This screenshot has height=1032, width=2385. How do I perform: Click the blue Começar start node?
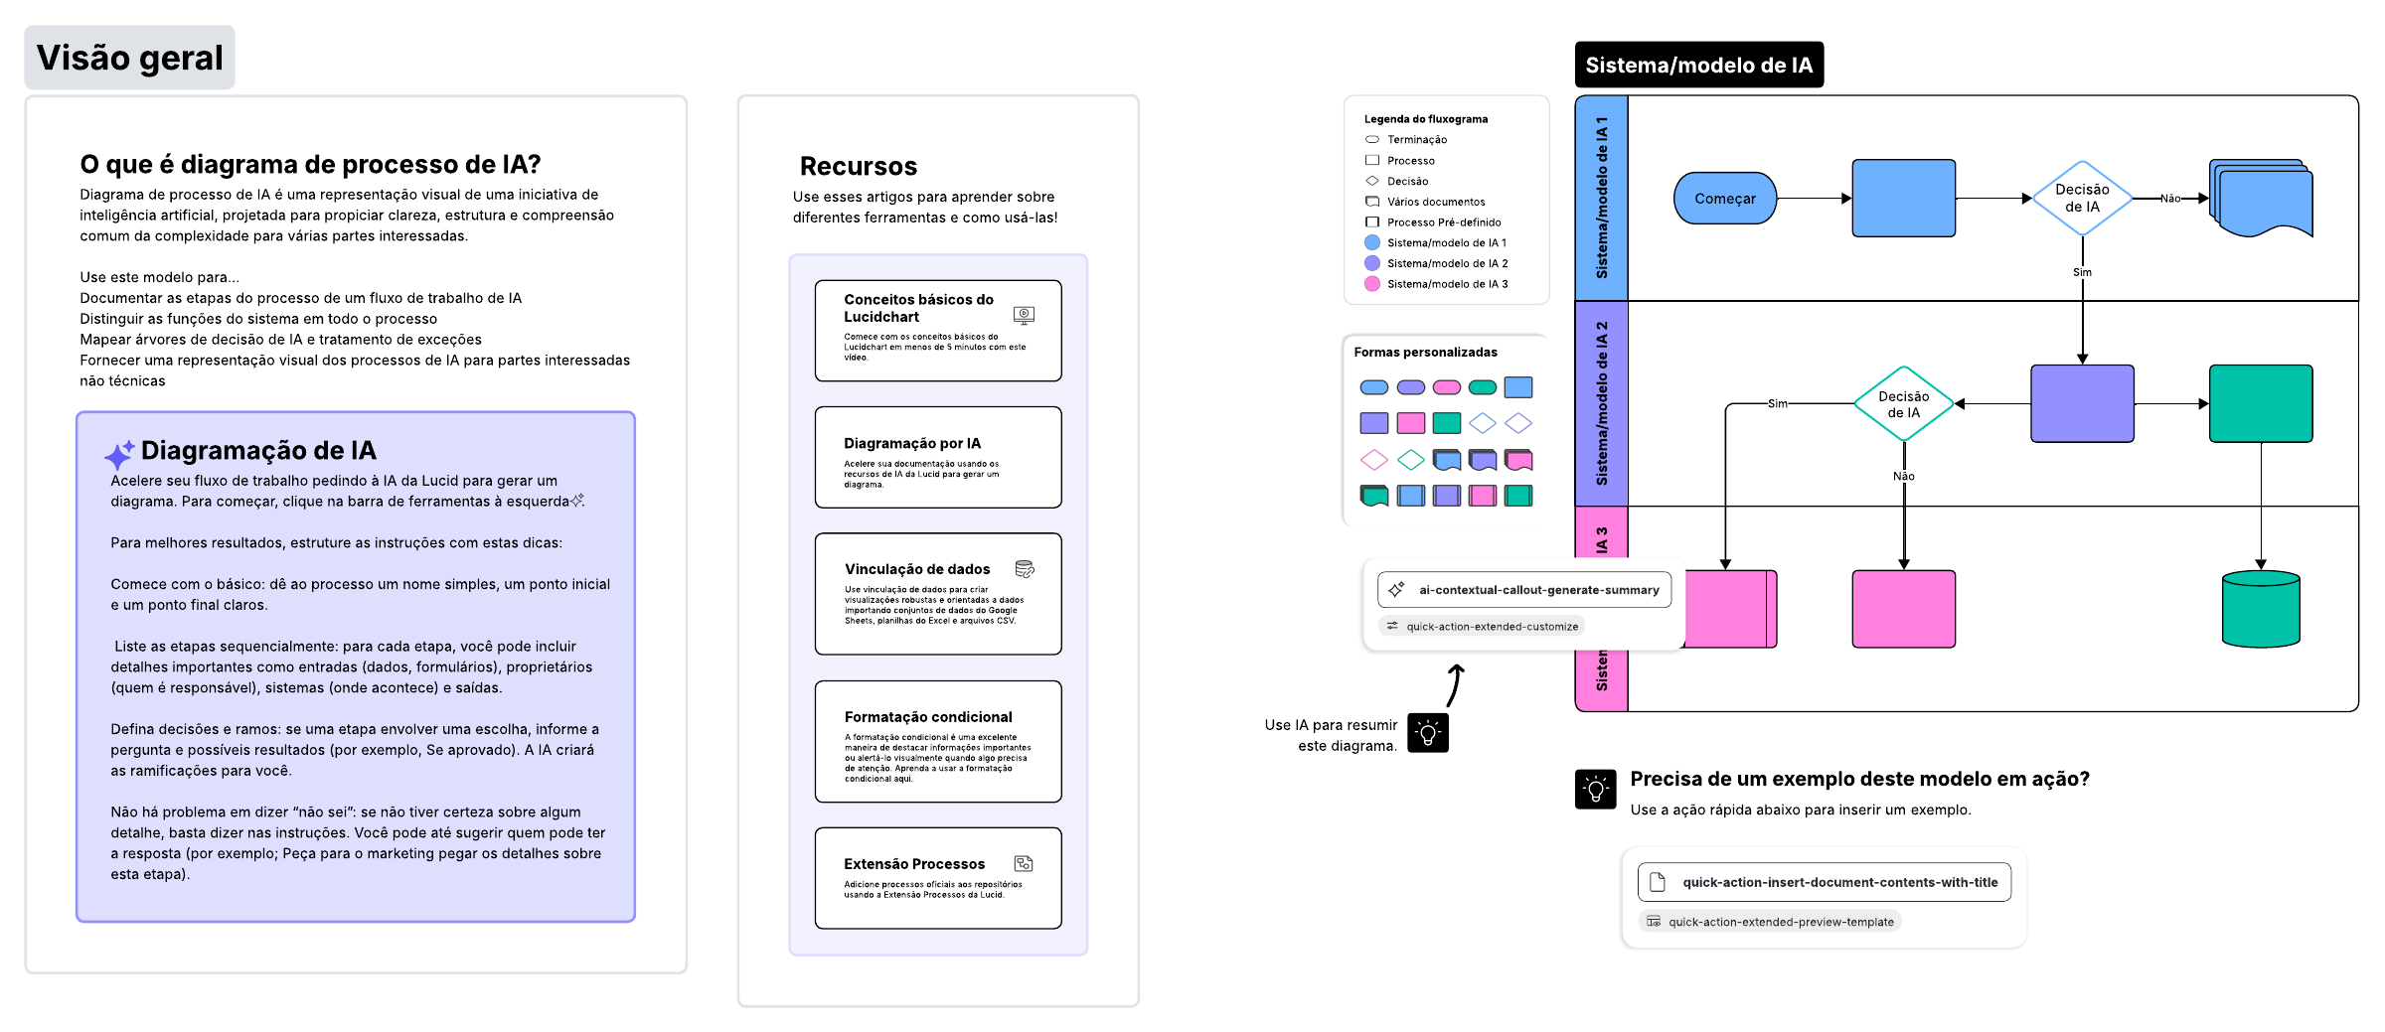[1724, 199]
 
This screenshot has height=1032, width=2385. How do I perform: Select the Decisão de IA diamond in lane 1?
[2081, 199]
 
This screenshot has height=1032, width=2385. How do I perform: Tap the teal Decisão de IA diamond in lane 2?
[1903, 404]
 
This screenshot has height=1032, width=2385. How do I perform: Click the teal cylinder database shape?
[2260, 609]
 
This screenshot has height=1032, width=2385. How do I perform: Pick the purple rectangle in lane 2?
[2081, 403]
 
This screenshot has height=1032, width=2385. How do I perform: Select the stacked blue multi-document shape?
[2260, 198]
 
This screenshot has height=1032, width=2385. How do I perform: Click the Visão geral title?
[129, 58]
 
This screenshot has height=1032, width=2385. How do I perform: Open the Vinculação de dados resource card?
[937, 594]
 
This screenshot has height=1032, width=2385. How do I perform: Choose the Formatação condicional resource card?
[937, 741]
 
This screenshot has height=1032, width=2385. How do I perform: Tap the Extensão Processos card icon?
[1023, 864]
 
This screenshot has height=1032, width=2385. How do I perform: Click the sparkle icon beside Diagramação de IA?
[118, 455]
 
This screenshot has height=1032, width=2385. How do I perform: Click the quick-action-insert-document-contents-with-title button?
[1824, 882]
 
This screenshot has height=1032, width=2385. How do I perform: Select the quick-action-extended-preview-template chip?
[1770, 922]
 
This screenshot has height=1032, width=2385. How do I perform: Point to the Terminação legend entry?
[1416, 140]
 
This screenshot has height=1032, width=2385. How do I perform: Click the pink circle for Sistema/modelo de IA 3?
[1372, 284]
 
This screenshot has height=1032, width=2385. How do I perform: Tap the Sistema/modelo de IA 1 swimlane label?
[1601, 199]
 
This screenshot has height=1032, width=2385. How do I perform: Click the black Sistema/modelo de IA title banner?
[1698, 66]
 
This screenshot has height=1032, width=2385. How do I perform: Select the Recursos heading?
[858, 166]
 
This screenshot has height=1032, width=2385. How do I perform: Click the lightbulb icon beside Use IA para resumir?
[1427, 734]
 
